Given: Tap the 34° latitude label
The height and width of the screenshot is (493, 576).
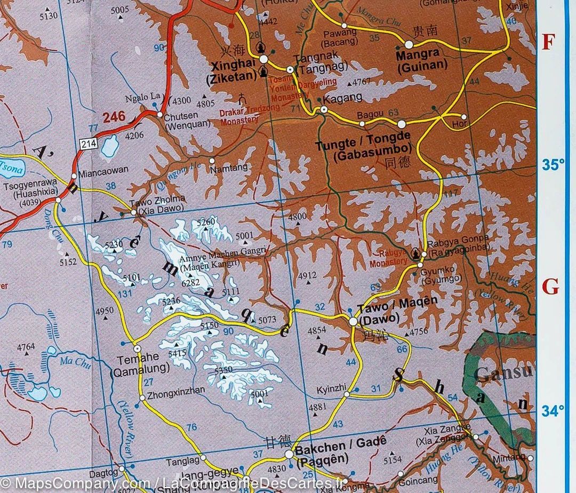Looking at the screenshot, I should [x=553, y=411].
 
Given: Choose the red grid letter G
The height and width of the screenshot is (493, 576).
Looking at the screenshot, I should [x=550, y=288].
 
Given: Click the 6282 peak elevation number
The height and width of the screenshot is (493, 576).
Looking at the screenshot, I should [x=190, y=282].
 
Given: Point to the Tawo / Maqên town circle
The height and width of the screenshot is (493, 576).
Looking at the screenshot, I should [x=353, y=321].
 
